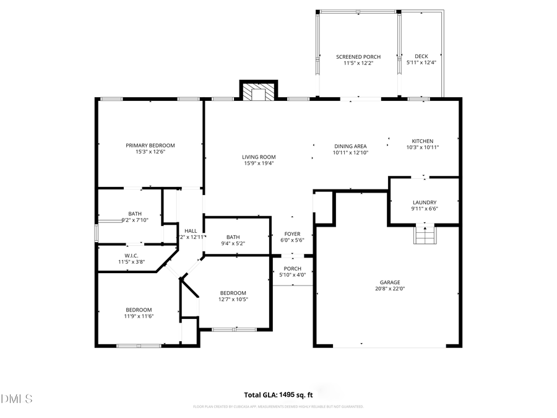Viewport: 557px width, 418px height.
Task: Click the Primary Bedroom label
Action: pos(150,146)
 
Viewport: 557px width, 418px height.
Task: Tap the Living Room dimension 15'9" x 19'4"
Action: pos(259,163)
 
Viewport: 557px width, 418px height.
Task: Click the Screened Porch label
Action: pos(358,57)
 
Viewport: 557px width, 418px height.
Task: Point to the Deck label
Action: pos(421,57)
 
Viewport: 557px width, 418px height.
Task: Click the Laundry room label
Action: pos(425,202)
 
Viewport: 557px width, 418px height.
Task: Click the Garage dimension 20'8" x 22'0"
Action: pos(390,288)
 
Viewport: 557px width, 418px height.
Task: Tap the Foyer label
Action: pos(292,234)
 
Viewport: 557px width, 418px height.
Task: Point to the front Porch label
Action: pos(292,268)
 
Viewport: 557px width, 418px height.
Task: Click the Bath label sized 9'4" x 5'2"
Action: pos(233,237)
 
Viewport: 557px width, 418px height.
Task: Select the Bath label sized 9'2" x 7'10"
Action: pos(135,214)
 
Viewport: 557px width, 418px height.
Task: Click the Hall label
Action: pos(190,231)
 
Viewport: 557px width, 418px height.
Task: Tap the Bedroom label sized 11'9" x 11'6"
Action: pos(139,310)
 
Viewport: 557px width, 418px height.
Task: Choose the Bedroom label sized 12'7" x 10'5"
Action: pos(233,293)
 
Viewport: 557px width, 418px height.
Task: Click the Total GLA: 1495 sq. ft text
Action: pos(278,394)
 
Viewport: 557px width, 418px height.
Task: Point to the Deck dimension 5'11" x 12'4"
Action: pos(421,63)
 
